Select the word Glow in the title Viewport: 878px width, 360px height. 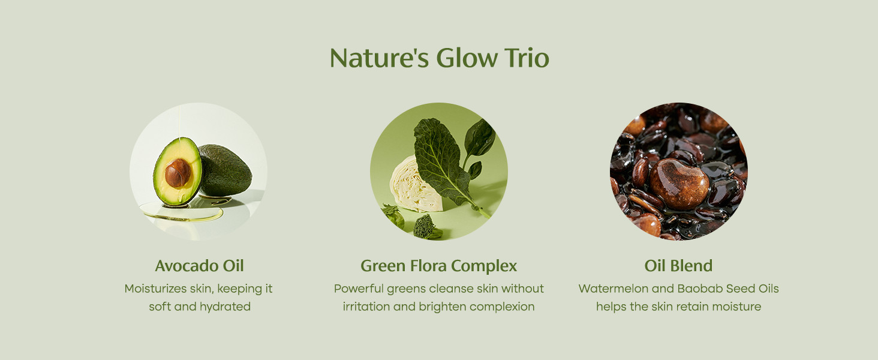click(467, 58)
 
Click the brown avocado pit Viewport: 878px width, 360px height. click(178, 173)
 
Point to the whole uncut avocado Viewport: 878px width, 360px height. click(225, 170)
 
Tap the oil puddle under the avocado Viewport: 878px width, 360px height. click(183, 212)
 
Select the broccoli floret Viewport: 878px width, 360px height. click(426, 227)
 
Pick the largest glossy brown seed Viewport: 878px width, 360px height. click(679, 184)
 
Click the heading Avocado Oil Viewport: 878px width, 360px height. click(200, 266)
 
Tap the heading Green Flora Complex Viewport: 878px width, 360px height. click(438, 266)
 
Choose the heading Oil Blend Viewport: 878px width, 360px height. click(678, 266)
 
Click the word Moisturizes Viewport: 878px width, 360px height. click(155, 289)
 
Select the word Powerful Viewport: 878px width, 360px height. click(359, 289)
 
